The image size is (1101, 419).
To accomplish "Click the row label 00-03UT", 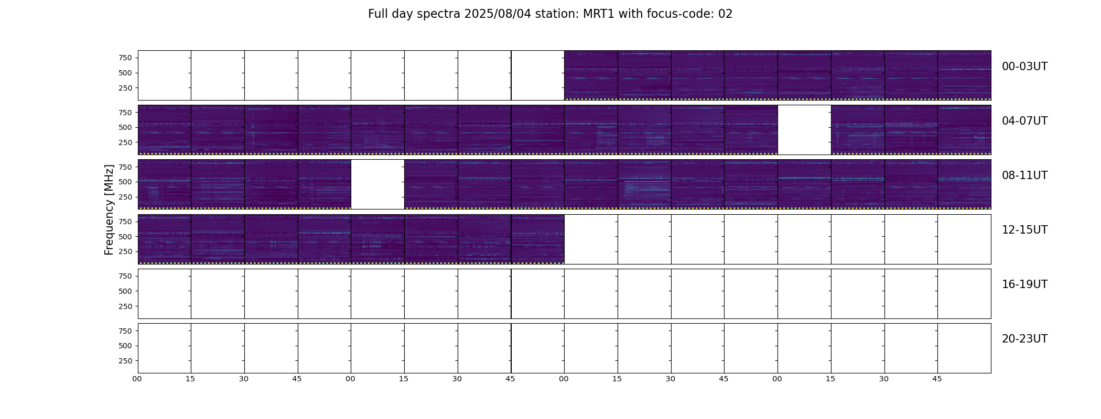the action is (1024, 67).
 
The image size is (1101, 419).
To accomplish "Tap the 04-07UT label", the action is (1024, 121).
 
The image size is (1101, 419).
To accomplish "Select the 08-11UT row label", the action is (1024, 175).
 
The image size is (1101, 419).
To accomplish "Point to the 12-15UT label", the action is (1024, 230).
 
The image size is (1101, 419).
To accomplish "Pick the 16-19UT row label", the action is (1024, 284).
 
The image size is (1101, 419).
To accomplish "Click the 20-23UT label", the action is (1024, 339).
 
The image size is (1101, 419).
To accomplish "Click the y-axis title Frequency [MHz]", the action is (109, 210).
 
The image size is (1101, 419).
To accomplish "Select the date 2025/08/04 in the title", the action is (498, 14).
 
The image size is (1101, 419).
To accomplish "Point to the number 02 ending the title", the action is (725, 14).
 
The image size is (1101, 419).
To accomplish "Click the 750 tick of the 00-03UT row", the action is (125, 58).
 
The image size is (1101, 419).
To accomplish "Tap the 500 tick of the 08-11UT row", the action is (125, 182).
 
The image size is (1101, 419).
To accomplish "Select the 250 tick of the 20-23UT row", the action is (125, 361).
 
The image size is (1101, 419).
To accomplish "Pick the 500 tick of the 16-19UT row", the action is (125, 291).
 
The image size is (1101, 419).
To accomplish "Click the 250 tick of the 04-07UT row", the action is (125, 142).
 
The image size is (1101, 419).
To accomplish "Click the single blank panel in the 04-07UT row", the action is (804, 130).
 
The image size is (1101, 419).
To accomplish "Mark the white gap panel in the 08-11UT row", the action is (377, 184).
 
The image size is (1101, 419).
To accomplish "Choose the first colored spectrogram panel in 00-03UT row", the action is (591, 75).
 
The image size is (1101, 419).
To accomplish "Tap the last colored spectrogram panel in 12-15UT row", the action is (537, 239).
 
